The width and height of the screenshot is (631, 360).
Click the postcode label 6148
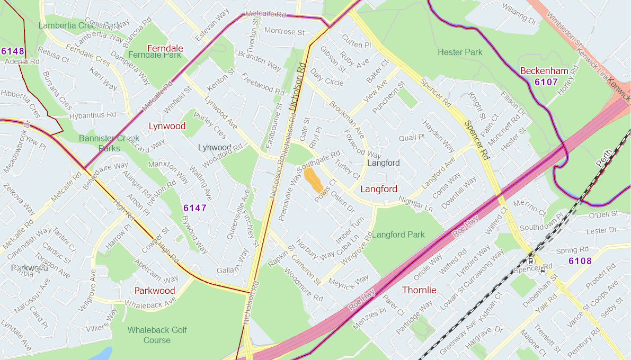(13, 51)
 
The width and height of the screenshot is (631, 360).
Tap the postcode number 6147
(194, 208)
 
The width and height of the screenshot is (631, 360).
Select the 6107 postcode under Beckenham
(546, 82)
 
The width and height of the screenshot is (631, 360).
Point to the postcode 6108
(580, 261)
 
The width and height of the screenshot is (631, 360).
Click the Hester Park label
(460, 52)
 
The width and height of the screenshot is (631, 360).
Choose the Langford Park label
(398, 235)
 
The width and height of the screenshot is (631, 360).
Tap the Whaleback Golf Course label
(157, 335)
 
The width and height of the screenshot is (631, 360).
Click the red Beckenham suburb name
(544, 71)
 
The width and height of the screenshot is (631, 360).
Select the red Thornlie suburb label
(419, 290)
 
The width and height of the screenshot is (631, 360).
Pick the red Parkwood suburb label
(154, 291)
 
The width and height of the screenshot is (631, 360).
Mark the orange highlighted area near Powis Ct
(314, 180)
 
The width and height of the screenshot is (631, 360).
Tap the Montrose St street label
(285, 32)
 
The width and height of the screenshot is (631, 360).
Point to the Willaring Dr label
(519, 15)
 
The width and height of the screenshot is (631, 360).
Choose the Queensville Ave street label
(238, 215)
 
